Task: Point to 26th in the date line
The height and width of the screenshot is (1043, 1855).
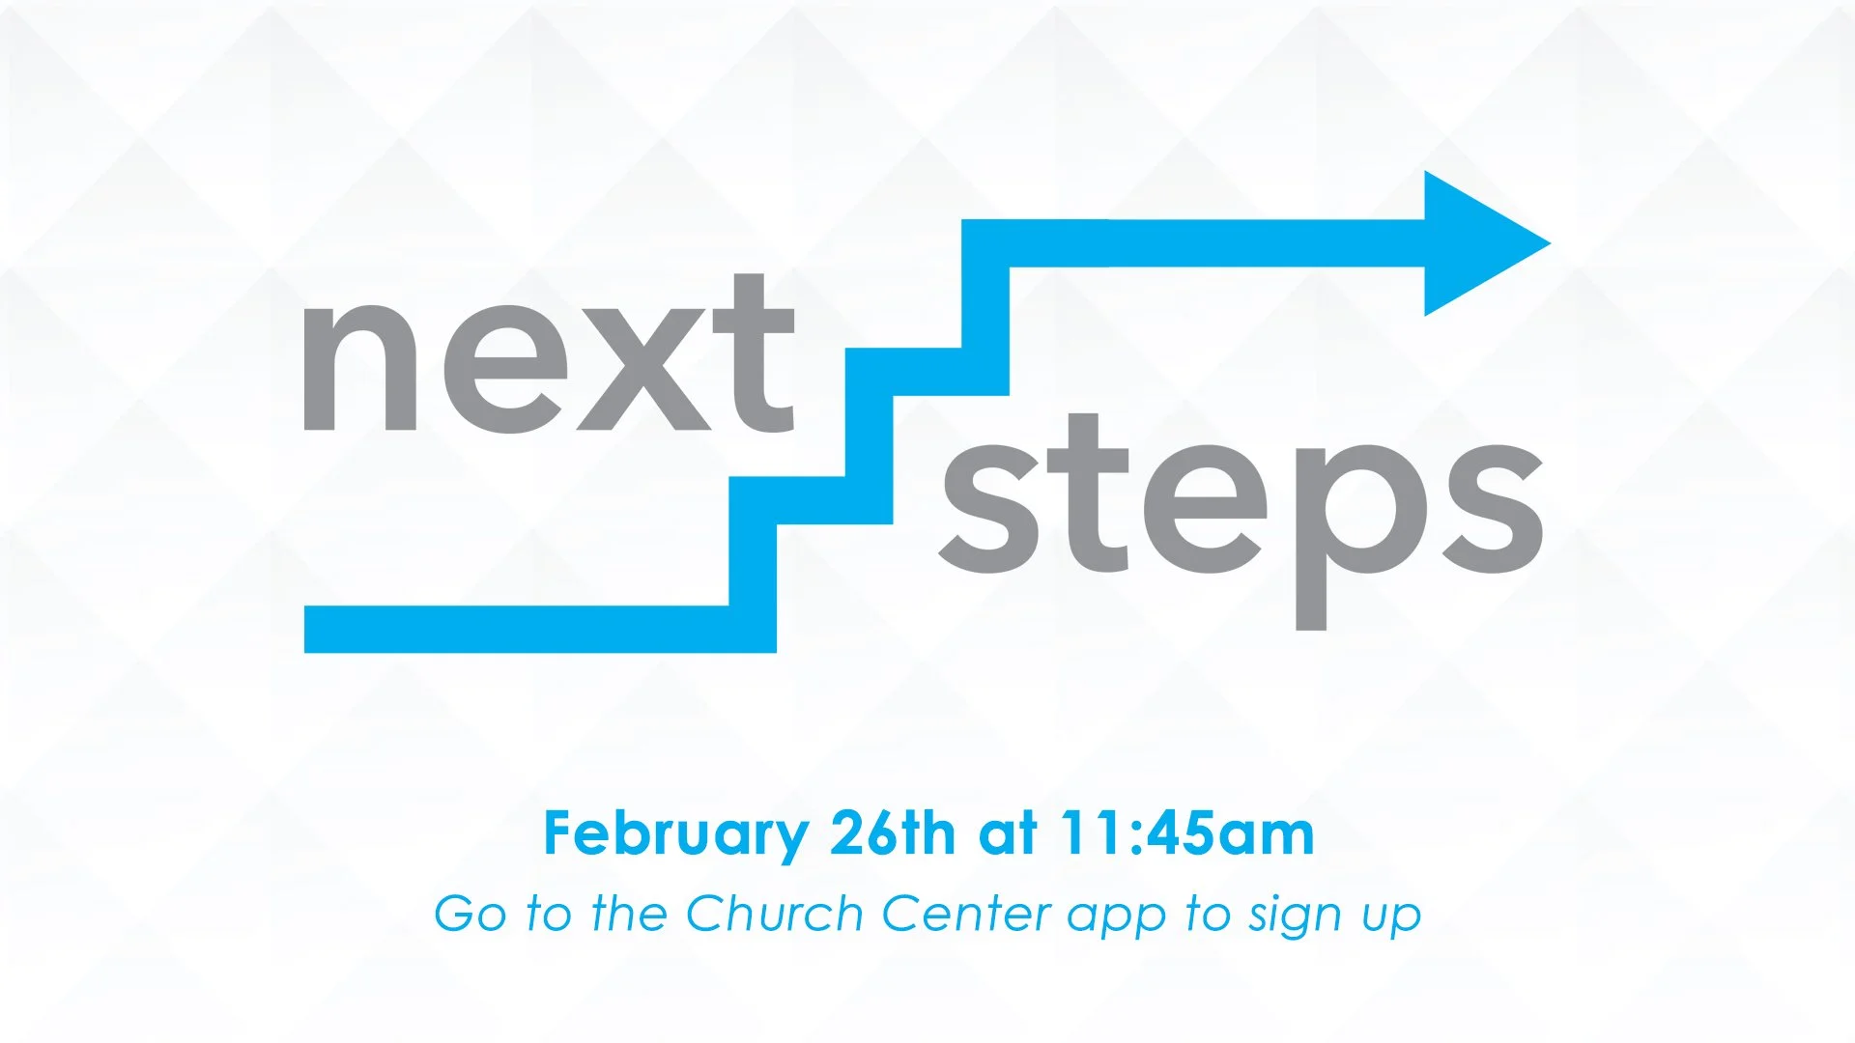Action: click(892, 832)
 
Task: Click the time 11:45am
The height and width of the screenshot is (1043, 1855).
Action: click(1187, 832)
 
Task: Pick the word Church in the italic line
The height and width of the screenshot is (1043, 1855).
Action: click(774, 914)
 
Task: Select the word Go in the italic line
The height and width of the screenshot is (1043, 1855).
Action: click(470, 914)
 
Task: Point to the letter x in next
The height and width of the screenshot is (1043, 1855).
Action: click(643, 372)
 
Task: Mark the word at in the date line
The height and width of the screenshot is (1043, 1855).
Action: click(1008, 832)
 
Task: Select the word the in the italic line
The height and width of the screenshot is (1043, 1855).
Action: click(629, 914)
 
